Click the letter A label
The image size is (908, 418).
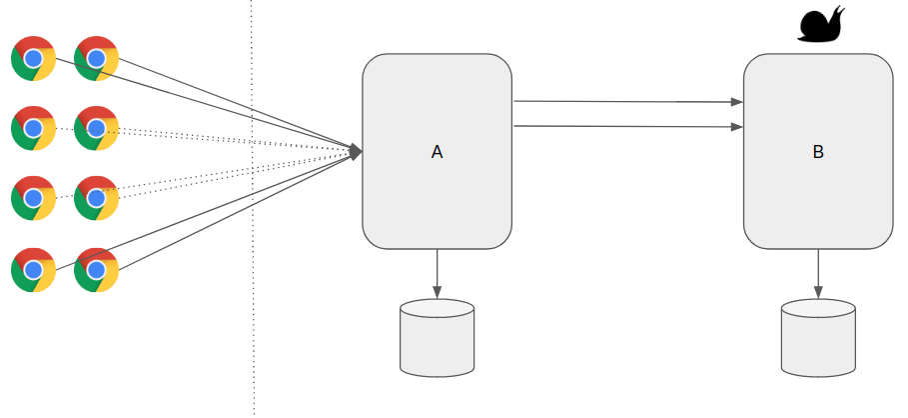point(437,152)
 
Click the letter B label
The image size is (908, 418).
point(818,152)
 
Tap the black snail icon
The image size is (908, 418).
point(821,24)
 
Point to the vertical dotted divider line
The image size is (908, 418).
point(252,300)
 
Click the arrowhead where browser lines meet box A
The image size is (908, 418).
point(355,151)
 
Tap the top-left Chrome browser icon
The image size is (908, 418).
point(33,58)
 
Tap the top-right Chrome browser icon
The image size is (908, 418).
point(96,58)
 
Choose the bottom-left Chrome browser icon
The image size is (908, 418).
point(33,269)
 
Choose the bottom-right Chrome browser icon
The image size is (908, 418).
point(96,269)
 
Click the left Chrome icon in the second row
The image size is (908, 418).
point(33,128)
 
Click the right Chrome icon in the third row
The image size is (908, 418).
point(96,198)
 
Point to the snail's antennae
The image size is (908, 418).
point(840,10)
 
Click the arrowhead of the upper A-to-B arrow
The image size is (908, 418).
point(737,102)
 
